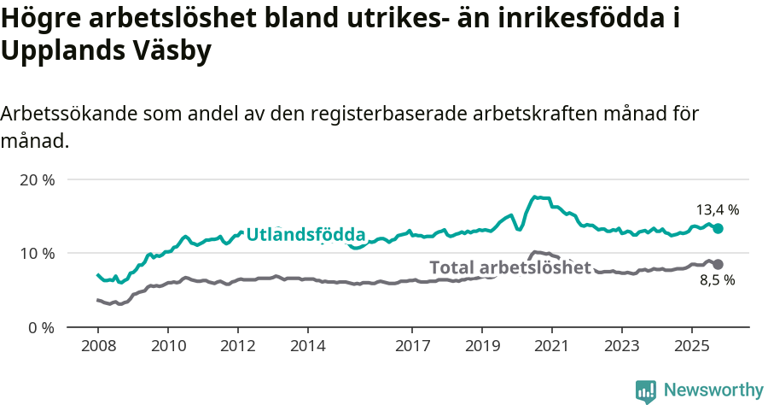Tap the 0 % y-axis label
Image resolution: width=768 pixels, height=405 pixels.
point(42,327)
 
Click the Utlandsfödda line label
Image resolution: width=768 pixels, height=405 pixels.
point(305,234)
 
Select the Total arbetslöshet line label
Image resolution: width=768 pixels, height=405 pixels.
point(510,267)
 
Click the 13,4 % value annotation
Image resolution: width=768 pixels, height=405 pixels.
point(718,209)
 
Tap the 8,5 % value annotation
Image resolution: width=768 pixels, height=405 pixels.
point(718,280)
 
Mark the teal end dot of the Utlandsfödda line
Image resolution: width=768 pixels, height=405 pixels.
point(719,228)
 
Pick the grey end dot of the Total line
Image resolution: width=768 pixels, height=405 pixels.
point(719,265)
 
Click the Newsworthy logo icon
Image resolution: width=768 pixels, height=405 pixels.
point(646,390)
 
